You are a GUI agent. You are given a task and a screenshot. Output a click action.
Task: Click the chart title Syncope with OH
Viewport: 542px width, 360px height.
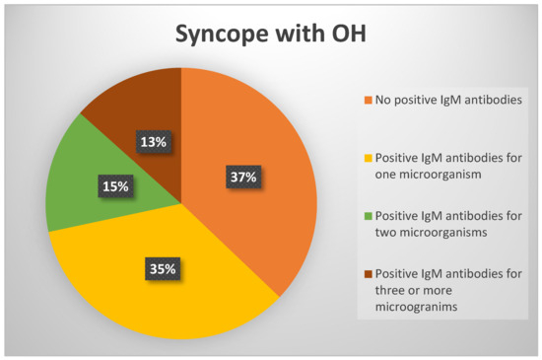tap(271, 35)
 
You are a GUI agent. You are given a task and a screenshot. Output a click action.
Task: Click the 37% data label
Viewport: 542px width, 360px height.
tap(243, 178)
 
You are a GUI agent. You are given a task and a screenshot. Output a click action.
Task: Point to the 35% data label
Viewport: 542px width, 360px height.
tap(163, 268)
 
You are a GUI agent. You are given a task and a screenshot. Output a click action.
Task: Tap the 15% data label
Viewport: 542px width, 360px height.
tap(115, 186)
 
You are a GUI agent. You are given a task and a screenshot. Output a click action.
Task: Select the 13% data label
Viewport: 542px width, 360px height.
tap(153, 142)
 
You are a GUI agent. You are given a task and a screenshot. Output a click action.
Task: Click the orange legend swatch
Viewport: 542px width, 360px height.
tap(369, 100)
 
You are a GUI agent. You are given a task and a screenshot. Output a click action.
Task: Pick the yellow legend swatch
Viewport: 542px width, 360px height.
tap(369, 158)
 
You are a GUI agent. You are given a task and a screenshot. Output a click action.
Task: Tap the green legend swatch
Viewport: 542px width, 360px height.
tap(369, 216)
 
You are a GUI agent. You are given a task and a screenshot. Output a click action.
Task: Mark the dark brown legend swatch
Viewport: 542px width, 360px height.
tap(369, 274)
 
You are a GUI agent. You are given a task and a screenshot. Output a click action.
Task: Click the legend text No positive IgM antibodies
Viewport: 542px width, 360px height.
tap(448, 100)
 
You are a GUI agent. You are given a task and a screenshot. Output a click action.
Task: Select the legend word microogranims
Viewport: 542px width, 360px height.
tap(416, 307)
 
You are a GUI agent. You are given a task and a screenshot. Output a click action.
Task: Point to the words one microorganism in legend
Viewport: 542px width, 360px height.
tap(428, 175)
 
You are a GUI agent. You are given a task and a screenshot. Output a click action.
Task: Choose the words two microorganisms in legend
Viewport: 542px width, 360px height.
tap(431, 233)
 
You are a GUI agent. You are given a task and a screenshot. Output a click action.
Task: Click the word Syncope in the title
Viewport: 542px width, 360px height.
tap(222, 35)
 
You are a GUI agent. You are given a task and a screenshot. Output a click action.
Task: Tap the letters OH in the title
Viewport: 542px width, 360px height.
tap(349, 34)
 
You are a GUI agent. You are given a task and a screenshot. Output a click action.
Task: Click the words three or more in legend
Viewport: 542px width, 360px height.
tap(414, 290)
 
